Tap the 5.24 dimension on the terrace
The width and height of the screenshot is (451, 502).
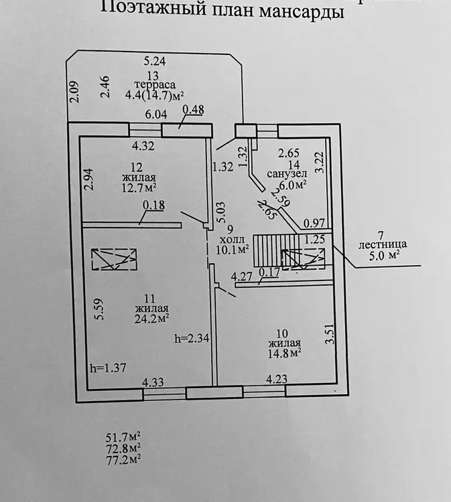tap(155, 61)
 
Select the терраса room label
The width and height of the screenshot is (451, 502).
tap(155, 85)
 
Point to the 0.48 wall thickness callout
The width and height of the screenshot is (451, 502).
tap(193, 110)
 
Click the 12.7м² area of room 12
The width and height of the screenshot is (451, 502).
tap(139, 187)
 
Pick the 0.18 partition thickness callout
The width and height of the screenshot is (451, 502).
tap(154, 205)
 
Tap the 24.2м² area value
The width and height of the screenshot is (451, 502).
tap(151, 319)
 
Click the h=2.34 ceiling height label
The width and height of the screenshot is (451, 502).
tap(192, 338)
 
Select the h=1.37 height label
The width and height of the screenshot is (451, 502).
tap(108, 367)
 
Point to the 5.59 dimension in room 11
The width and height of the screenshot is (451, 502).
tap(99, 309)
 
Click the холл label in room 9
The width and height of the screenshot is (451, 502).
tap(233, 239)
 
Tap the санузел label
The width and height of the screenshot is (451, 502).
tap(287, 174)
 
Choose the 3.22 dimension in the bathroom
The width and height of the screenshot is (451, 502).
tap(320, 163)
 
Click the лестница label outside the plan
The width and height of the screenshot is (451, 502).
tap(383, 244)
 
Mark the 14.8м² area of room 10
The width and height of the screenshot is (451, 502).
tap(284, 353)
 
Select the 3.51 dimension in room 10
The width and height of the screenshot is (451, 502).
tap(330, 334)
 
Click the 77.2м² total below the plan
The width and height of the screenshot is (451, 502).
tap(123, 460)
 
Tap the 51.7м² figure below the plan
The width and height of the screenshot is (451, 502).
tap(123, 436)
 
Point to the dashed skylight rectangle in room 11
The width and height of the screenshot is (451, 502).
tap(114, 259)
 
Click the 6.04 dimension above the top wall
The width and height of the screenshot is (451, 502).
tap(156, 114)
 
